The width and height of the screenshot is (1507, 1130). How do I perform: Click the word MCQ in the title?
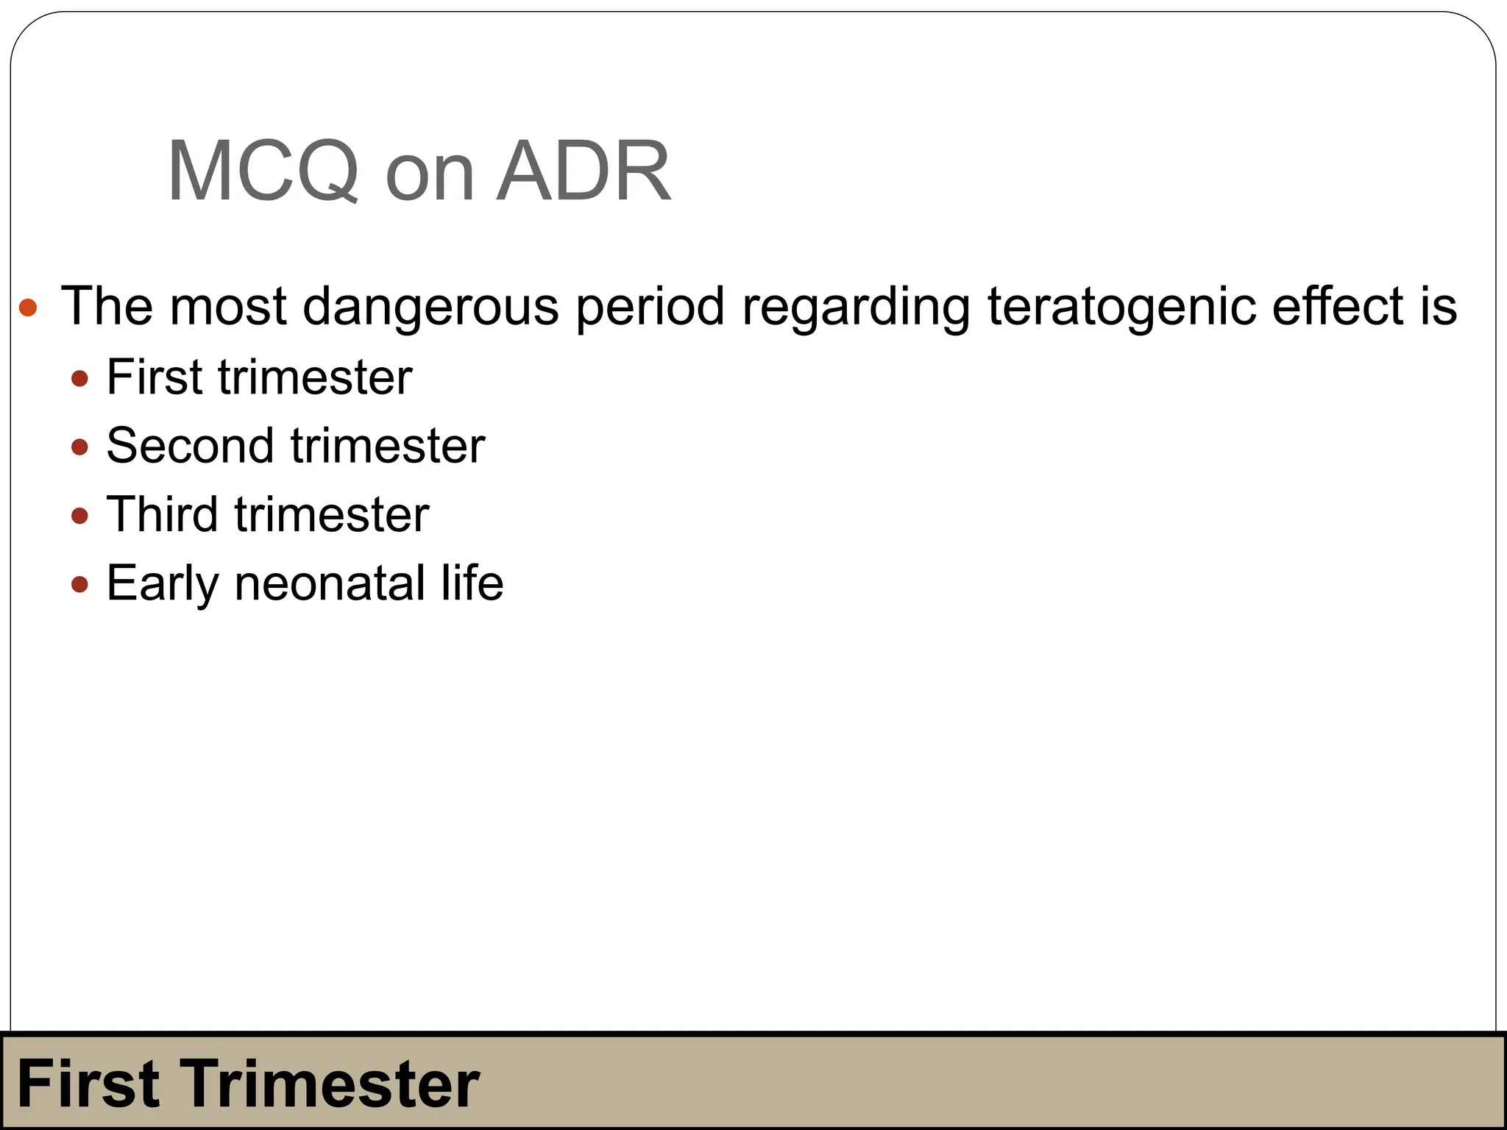click(263, 171)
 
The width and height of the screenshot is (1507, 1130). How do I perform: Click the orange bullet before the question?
click(28, 307)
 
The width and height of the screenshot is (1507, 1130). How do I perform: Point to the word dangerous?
click(430, 306)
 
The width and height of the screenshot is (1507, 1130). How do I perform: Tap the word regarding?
click(856, 306)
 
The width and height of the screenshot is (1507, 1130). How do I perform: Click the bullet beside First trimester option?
click(80, 380)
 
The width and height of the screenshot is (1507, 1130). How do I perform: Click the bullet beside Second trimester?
click(80, 447)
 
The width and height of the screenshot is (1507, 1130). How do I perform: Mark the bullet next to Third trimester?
click(80, 516)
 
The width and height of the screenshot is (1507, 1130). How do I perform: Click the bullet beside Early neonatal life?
click(80, 585)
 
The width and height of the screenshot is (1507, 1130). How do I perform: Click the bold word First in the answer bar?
click(88, 1084)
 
